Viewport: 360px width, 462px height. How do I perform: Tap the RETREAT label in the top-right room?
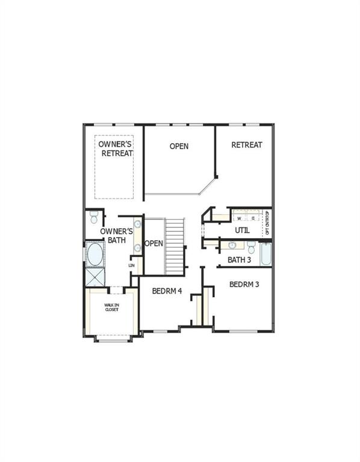click(x=247, y=145)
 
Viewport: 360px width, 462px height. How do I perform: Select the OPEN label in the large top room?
click(x=179, y=146)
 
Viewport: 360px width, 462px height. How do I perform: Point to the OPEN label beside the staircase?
click(x=154, y=244)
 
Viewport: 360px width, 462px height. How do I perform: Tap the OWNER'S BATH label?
click(x=113, y=235)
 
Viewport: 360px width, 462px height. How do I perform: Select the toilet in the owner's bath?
click(x=93, y=217)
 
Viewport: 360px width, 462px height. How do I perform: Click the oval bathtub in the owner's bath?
click(x=95, y=254)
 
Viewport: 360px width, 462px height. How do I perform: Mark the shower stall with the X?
click(x=94, y=277)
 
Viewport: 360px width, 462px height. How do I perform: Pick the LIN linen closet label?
click(x=132, y=265)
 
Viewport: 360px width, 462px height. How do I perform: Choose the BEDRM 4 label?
click(x=167, y=292)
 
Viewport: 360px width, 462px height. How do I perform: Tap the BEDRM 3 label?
click(x=244, y=284)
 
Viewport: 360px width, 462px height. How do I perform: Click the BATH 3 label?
click(x=239, y=260)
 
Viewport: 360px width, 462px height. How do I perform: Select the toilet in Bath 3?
click(x=251, y=247)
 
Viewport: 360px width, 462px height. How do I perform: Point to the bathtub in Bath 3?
click(x=266, y=253)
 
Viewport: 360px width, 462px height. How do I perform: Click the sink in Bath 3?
click(x=232, y=245)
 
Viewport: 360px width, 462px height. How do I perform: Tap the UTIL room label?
click(x=243, y=230)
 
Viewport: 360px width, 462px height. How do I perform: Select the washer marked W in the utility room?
click(x=239, y=218)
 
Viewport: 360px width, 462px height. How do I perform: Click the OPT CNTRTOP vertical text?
click(x=268, y=224)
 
